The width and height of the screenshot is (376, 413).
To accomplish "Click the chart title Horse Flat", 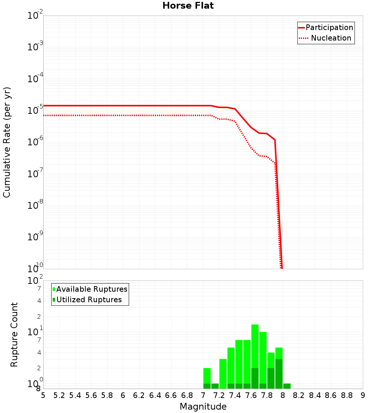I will (x=188, y=6).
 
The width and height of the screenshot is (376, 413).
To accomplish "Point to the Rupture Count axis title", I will (x=14, y=335).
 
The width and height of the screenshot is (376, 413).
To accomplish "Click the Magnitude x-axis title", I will (x=203, y=407).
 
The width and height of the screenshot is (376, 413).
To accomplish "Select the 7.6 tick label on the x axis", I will (x=251, y=395).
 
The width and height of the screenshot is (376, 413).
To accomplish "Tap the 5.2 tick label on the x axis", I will (x=59, y=395).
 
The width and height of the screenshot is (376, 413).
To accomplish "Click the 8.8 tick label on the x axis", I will (x=347, y=395).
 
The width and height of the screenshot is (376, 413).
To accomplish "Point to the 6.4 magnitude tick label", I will (x=155, y=395).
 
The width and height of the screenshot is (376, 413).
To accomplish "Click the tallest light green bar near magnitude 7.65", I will (x=255, y=345).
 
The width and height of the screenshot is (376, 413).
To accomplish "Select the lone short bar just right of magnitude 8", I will (x=287, y=386).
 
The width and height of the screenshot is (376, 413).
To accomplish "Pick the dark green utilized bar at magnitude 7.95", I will (x=279, y=374).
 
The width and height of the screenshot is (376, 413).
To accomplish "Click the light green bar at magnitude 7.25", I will (x=223, y=374).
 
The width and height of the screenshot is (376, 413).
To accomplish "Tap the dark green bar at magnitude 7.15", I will (x=215, y=386).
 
